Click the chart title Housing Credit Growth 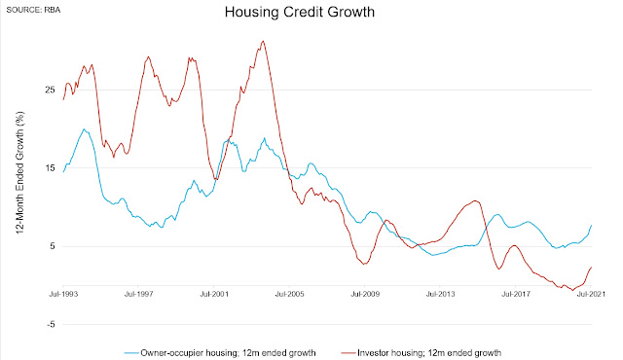point(300,12)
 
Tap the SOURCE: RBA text point(33,10)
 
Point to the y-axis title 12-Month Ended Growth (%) point(20,172)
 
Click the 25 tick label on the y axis point(50,90)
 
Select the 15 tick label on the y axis point(50,168)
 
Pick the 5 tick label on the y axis point(52,246)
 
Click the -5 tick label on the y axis point(51,324)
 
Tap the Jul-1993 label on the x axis point(63,294)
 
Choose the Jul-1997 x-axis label point(138,294)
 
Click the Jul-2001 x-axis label point(214,294)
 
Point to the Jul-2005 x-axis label point(290,294)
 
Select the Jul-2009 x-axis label point(365,294)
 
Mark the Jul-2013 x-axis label point(440,294)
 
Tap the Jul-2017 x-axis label point(516,294)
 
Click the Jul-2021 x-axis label point(591,294)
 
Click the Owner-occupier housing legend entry point(220,353)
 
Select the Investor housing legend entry point(421,353)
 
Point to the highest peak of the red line point(263,41)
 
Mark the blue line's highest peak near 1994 point(84,129)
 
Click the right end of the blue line point(592,225)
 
